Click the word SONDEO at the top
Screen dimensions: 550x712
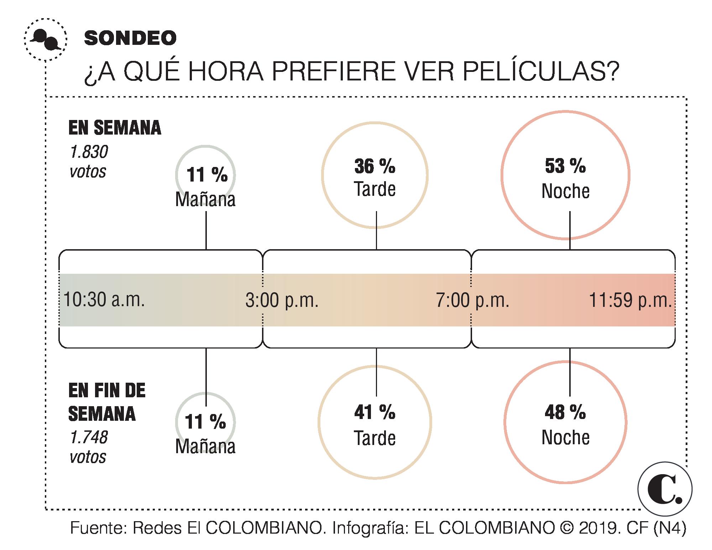coord(130,38)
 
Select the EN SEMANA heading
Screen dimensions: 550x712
coord(115,128)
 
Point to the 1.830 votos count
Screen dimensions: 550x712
coord(89,162)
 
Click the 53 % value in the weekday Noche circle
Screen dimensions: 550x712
coord(565,166)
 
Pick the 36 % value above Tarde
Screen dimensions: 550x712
coord(375,167)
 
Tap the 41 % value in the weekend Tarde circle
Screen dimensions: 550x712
coord(375,413)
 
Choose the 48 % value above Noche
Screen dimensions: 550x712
coord(565,413)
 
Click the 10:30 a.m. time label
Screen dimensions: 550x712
coord(104,300)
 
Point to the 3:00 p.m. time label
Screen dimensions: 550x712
coord(282,300)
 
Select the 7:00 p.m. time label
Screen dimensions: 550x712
coord(472,300)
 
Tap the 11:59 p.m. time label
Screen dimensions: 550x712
coord(630,300)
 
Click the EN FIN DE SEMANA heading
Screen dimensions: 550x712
coord(107,402)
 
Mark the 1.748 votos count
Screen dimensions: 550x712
coord(89,447)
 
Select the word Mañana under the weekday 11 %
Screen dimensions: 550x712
coord(205,199)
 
